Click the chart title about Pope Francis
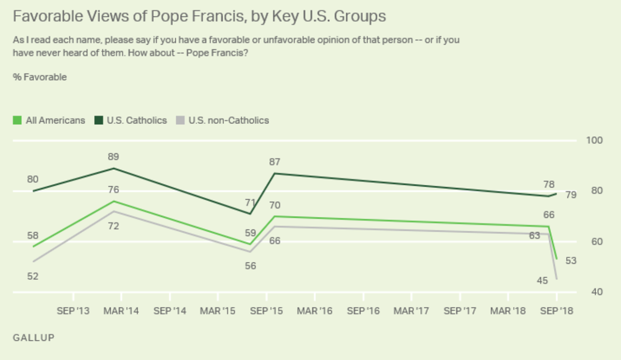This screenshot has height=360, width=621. (199, 16)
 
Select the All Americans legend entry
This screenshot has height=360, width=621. (49, 121)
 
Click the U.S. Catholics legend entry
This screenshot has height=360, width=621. (131, 121)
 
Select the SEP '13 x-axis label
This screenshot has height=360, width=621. (73, 311)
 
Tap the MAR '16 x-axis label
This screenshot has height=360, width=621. (315, 311)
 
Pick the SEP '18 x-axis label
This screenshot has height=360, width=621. (557, 311)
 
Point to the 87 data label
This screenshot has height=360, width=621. (274, 162)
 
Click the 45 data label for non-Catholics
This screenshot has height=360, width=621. (541, 280)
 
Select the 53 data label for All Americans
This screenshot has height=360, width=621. (570, 261)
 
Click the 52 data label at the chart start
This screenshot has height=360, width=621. (33, 276)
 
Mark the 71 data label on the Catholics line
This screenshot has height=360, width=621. (250, 202)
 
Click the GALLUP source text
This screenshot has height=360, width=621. (33, 338)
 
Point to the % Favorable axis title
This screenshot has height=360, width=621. (40, 78)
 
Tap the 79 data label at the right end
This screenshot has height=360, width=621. (570, 196)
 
